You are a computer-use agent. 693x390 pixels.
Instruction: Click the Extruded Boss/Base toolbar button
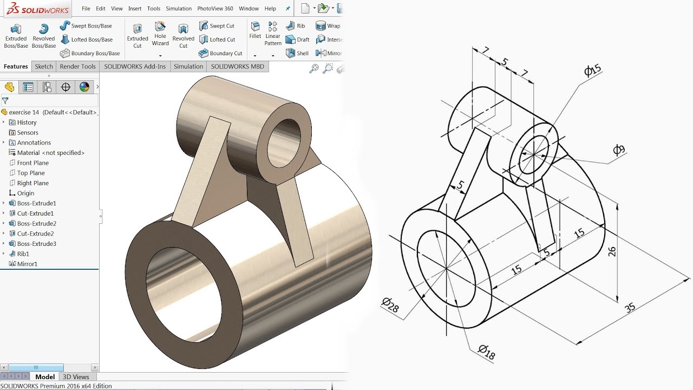[16, 36]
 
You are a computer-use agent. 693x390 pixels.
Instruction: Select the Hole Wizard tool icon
[160, 33]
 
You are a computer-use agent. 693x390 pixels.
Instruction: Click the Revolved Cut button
[183, 36]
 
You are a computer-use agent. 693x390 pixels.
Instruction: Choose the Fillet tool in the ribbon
[255, 30]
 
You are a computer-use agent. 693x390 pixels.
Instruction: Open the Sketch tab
[44, 67]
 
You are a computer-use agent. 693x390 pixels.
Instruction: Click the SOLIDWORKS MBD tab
[237, 67]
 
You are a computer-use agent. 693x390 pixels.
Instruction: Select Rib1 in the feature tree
[23, 253]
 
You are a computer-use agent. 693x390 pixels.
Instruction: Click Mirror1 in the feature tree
[27, 264]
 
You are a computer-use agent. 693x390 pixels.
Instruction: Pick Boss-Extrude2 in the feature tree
[36, 223]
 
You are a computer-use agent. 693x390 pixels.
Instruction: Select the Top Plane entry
[31, 173]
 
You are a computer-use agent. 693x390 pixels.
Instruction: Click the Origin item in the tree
[25, 193]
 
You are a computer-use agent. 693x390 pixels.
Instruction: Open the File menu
[86, 9]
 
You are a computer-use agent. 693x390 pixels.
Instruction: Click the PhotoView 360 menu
[215, 9]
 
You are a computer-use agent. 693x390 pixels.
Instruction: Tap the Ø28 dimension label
[390, 305]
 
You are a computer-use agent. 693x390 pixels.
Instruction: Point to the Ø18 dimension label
[487, 352]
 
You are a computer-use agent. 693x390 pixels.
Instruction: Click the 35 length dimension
[630, 308]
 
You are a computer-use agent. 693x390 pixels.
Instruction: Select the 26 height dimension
[612, 251]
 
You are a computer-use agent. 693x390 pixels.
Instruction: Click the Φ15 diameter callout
[593, 70]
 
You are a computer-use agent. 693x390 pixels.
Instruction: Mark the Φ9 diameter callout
[619, 150]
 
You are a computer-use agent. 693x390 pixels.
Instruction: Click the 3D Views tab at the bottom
[76, 377]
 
